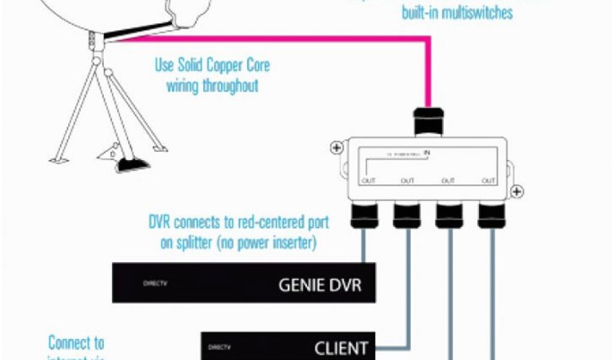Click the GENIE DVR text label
click(x=320, y=284)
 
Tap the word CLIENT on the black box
click(x=341, y=348)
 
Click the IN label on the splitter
click(x=427, y=153)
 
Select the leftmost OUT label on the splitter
click(x=368, y=181)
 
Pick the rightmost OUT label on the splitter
click(x=489, y=181)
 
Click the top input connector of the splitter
click(x=429, y=121)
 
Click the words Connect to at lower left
click(x=76, y=343)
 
